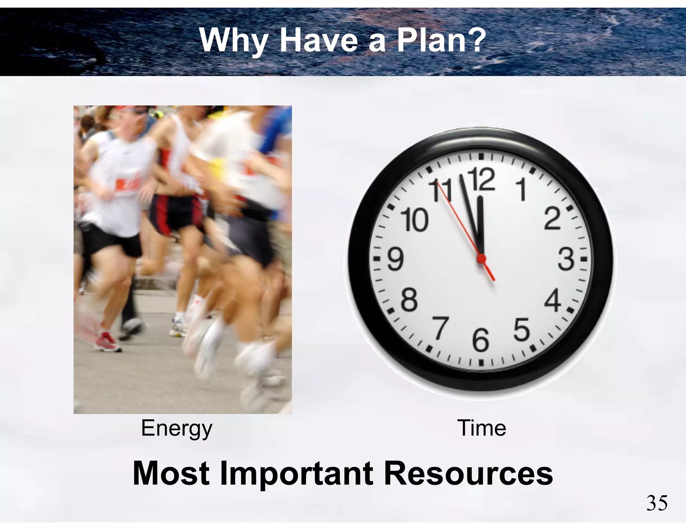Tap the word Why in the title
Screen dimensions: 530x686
233,41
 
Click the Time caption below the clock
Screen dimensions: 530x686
481,428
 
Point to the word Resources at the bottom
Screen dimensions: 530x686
468,474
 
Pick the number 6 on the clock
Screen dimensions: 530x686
481,340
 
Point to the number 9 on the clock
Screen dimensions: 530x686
396,259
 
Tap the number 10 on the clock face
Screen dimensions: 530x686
415,220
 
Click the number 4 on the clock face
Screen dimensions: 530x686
553,300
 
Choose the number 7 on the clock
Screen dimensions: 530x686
440,328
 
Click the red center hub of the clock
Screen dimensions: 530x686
481,258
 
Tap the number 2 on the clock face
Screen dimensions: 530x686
552,219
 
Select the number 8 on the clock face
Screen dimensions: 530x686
409,300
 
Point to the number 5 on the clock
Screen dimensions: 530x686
522,330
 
